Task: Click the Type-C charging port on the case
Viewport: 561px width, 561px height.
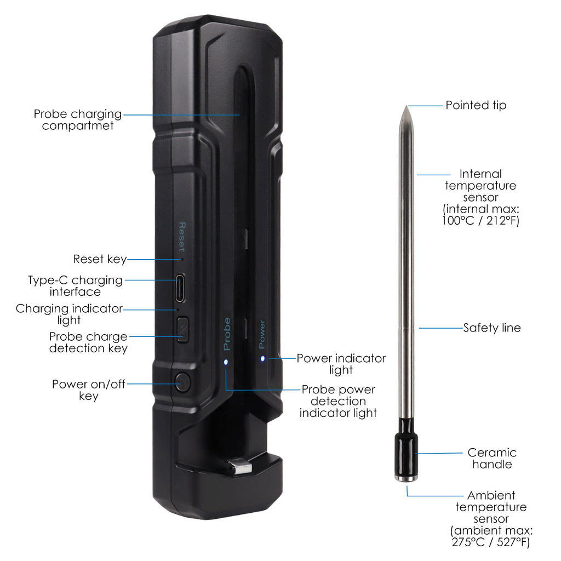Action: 180,288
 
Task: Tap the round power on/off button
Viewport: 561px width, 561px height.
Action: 182,382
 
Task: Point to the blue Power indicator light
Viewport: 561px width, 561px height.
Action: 262,358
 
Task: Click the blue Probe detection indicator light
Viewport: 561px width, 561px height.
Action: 226,362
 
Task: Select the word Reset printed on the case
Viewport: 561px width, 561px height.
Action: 182,237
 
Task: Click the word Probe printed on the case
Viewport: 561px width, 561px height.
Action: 227,334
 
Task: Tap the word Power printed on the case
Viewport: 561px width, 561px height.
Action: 262,334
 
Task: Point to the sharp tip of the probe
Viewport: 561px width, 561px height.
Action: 407,106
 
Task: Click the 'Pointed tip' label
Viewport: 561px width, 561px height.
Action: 476,105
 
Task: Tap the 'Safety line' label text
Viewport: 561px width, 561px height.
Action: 492,328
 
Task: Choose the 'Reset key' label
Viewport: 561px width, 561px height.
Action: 100,259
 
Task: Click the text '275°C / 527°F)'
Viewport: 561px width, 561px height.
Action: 490,542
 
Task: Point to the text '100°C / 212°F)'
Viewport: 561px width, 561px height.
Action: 480,220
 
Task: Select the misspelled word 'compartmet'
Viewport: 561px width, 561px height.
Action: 78,126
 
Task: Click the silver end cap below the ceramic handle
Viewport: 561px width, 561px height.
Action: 406,479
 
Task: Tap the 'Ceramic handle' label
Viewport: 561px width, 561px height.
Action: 492,459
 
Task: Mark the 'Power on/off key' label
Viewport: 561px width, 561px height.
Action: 89,390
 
